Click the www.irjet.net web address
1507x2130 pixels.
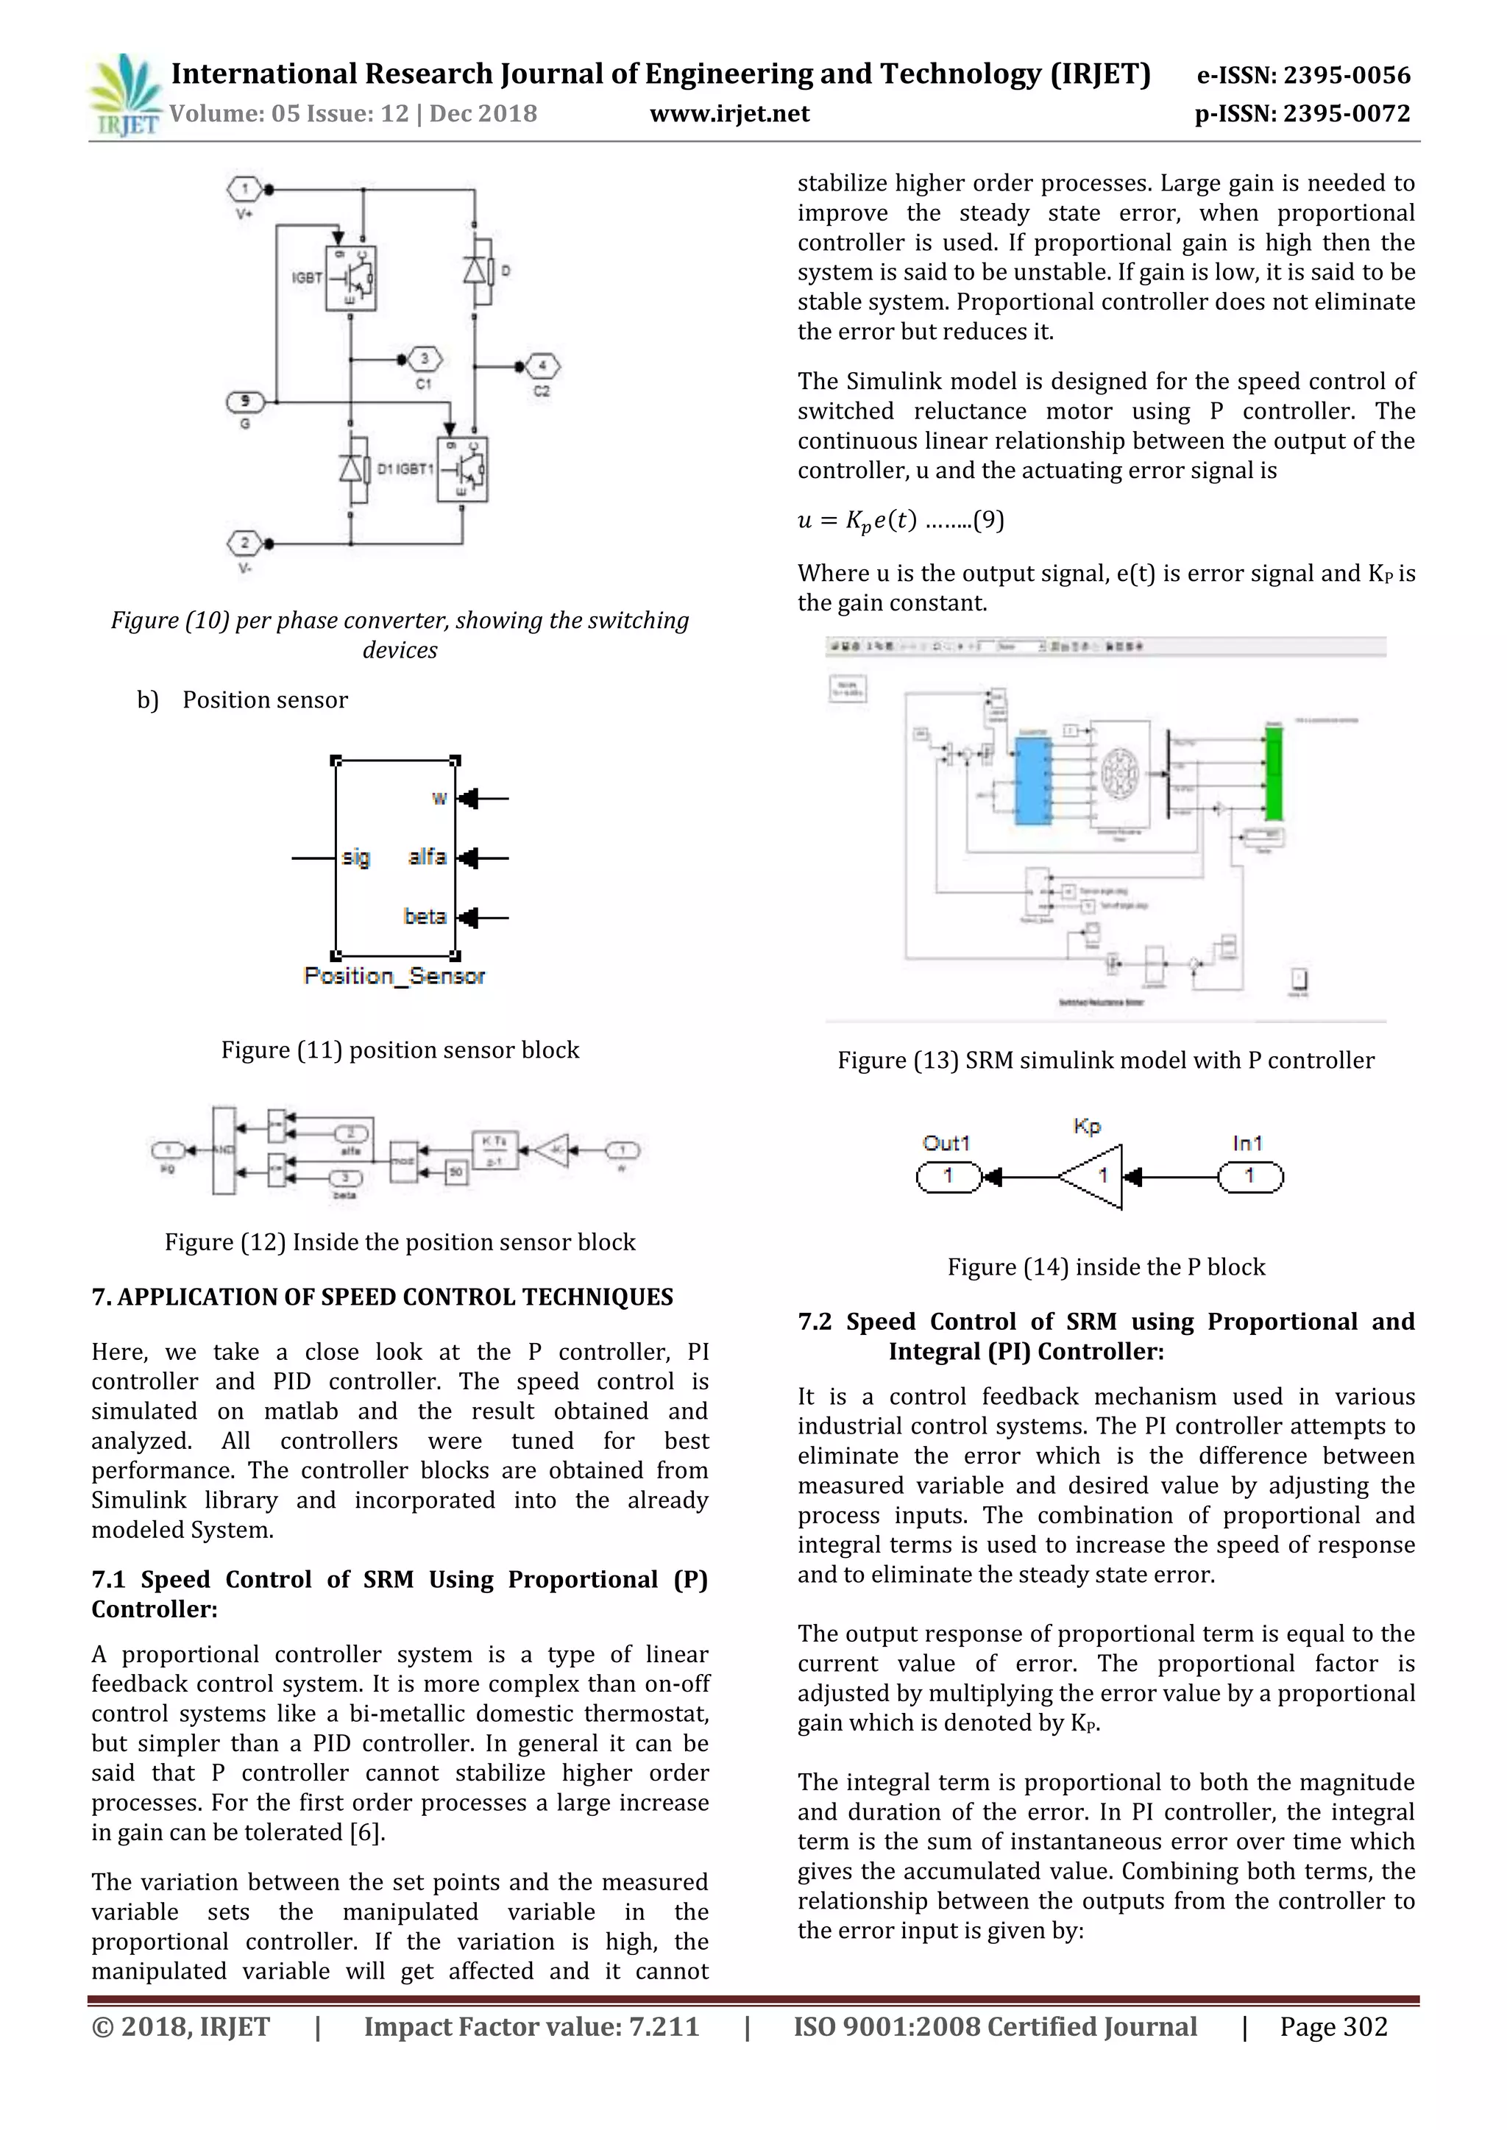729,114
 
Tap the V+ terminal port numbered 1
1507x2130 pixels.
244,190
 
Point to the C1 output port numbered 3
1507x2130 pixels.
425,359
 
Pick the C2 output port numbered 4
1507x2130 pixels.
543,366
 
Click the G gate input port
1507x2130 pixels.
245,402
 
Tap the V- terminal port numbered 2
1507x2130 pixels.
244,544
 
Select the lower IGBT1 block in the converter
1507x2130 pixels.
462,470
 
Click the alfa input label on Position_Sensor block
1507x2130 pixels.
427,857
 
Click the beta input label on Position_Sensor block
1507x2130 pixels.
425,916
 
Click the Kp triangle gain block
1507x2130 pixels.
1096,1176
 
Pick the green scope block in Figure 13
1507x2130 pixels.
1273,773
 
